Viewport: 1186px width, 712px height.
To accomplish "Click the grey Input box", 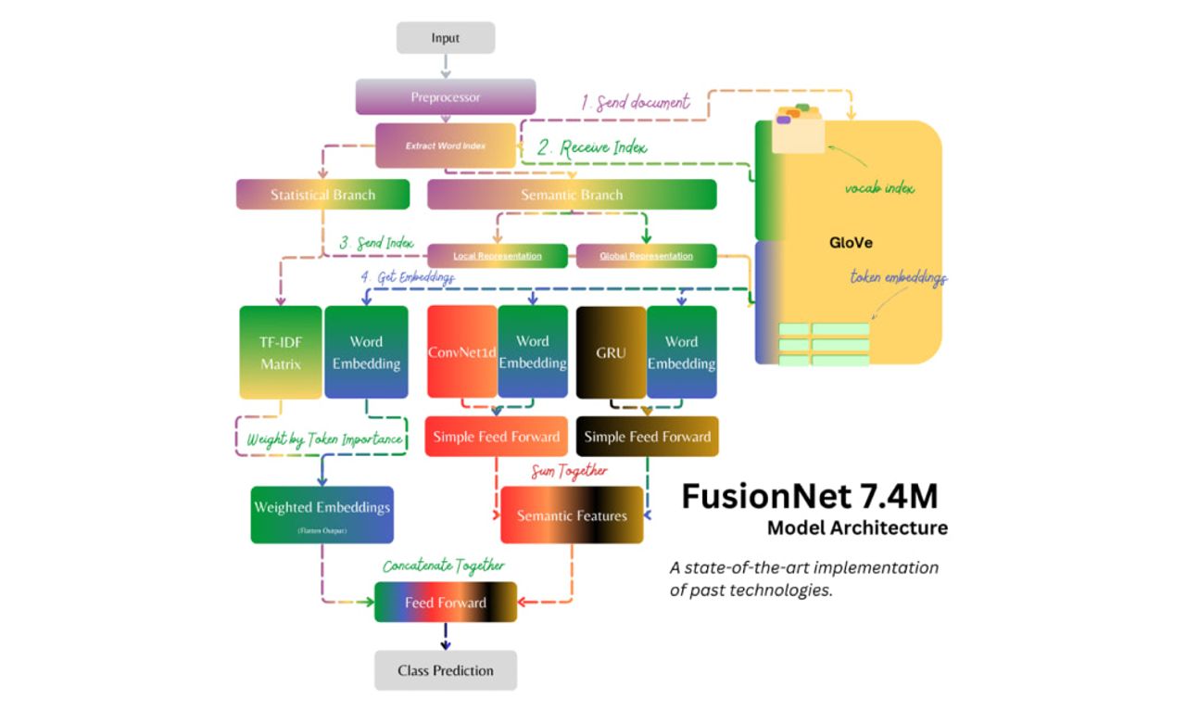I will click(x=446, y=38).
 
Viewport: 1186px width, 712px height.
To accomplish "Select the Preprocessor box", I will click(x=446, y=96).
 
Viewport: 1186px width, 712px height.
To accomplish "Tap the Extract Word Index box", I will click(x=446, y=146).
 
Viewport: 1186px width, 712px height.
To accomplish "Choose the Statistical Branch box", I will click(x=322, y=195).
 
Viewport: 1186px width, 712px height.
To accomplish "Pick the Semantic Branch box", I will click(x=571, y=195).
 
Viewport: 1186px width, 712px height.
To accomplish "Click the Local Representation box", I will click(x=497, y=256).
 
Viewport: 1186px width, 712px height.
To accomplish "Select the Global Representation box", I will click(x=646, y=256).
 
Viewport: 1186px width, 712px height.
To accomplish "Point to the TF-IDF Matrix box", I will click(x=281, y=352).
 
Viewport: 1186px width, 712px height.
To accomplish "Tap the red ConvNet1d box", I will click(x=461, y=352).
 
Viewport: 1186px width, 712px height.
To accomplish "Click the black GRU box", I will click(x=611, y=352).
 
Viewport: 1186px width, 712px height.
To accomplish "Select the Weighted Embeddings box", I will click(x=322, y=515).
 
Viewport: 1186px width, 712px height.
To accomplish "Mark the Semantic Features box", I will click(x=572, y=515).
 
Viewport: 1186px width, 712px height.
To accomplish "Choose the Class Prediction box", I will click(x=446, y=670).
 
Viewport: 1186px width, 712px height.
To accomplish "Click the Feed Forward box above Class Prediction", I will click(x=446, y=603).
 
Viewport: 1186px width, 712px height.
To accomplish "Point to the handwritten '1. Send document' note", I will click(x=636, y=102).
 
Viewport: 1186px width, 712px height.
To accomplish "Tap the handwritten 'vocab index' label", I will click(x=879, y=188).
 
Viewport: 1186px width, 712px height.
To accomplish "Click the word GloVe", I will click(x=851, y=243).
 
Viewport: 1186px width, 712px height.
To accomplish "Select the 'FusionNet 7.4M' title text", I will click(x=809, y=497).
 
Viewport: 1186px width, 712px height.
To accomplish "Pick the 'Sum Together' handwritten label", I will click(x=569, y=471).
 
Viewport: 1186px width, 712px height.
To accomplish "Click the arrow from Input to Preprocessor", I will click(x=446, y=66).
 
